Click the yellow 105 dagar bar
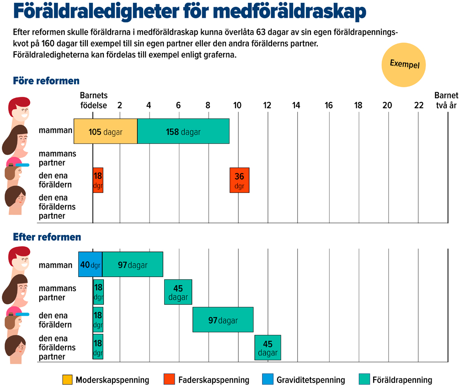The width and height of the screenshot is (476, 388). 105,131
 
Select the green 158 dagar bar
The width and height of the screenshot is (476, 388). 183,131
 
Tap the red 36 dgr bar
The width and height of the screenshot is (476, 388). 240,180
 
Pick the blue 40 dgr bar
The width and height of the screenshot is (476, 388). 90,264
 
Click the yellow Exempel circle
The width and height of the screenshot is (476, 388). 403,65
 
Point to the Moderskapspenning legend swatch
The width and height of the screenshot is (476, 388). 67,379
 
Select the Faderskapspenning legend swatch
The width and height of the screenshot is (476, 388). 169,379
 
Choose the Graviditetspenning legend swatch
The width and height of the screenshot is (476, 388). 268,379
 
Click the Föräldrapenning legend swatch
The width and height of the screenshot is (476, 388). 364,379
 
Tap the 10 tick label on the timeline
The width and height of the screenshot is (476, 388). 237,105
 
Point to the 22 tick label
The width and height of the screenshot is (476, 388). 419,105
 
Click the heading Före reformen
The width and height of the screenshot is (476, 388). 46,81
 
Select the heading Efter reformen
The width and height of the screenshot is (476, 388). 47,237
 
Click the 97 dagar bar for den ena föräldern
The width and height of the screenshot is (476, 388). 223,320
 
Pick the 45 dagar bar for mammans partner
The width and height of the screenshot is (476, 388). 178,292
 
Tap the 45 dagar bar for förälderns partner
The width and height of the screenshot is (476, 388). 268,348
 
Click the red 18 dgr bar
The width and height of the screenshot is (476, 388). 98,180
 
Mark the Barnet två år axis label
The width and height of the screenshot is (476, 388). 446,101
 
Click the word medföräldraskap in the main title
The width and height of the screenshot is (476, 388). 289,11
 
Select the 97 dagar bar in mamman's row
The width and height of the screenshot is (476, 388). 133,264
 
